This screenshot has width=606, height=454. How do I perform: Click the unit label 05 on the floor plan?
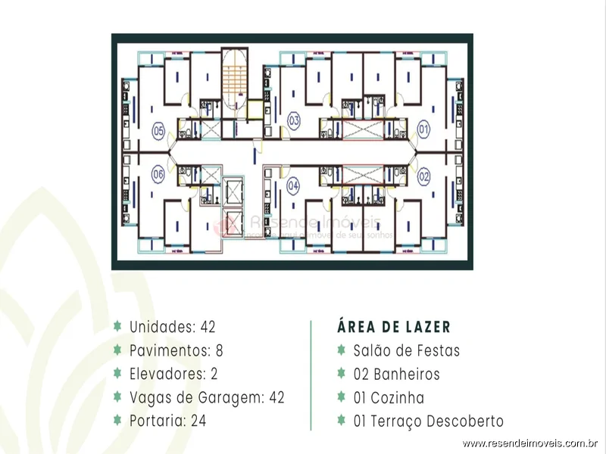pos(158,130)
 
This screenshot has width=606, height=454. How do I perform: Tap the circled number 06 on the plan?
pos(158,173)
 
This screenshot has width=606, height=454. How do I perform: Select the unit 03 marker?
pos(294,120)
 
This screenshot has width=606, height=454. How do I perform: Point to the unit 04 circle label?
pos(294,185)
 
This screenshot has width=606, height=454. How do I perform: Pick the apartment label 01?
pos(424,130)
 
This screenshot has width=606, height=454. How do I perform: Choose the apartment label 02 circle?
pos(424,176)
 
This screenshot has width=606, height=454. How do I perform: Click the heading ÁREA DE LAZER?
pos(394,327)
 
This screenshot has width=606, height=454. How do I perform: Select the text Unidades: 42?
pos(173,327)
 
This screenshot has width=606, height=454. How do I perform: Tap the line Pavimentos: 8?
pos(176,350)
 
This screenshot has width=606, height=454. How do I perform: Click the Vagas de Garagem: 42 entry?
pos(207,397)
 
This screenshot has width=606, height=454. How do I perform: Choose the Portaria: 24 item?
pos(167,421)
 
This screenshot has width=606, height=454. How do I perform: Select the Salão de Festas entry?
pos(407,350)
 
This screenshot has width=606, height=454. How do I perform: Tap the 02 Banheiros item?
pos(396,374)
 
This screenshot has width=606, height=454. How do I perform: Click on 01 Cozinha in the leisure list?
pos(389,397)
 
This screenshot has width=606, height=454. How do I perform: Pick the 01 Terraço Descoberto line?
pos(428,421)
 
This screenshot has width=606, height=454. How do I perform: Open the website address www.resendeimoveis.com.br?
pos(531,443)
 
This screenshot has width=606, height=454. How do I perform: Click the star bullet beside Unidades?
pos(117,327)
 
